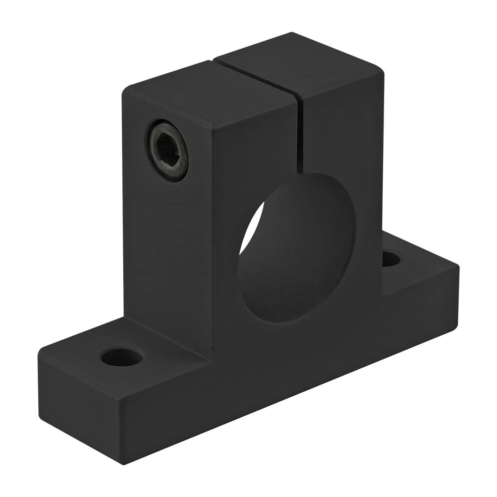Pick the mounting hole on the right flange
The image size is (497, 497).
pos(391,259)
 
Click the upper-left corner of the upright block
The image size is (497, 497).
pos(121,90)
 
